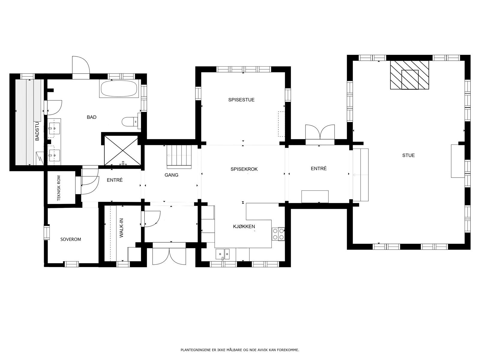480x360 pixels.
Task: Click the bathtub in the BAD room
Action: pos(119,88)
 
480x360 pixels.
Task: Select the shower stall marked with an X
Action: pos(122,151)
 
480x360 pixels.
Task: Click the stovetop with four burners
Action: pos(278,234)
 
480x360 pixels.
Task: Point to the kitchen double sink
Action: pos(223,254)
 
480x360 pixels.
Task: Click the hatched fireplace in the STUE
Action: pos(409,75)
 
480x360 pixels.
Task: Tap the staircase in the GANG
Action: pos(179,157)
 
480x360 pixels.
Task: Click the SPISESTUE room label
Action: pos(241,100)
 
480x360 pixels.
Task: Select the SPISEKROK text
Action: pos(244,169)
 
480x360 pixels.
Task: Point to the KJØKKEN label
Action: pos(244,226)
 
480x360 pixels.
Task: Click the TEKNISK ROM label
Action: pos(58,188)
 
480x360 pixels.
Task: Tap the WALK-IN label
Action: pos(121,228)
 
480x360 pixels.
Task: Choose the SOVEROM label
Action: pos(70,239)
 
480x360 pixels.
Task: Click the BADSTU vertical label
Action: pos(37,131)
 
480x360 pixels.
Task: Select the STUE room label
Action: pos(409,155)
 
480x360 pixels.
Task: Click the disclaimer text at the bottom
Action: pos(240,350)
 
